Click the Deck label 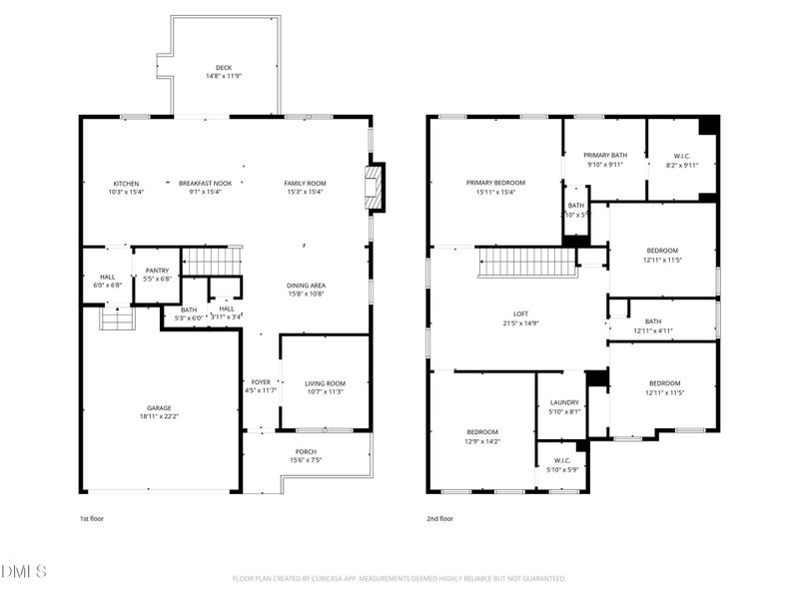pos(224,68)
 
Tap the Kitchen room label pos(127,184)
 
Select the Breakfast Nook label pos(205,184)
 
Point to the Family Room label pos(305,184)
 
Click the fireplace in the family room pos(375,189)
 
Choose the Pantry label pos(158,270)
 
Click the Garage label pos(160,407)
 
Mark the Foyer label pos(260,382)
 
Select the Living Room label pos(325,383)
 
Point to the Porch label pos(306,451)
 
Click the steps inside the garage pos(118,318)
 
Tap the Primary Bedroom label pos(495,183)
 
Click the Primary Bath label pos(605,156)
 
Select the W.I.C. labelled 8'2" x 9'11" pos(682,156)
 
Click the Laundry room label pos(564,402)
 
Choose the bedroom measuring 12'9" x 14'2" pos(482,432)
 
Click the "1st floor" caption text pos(92,519)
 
